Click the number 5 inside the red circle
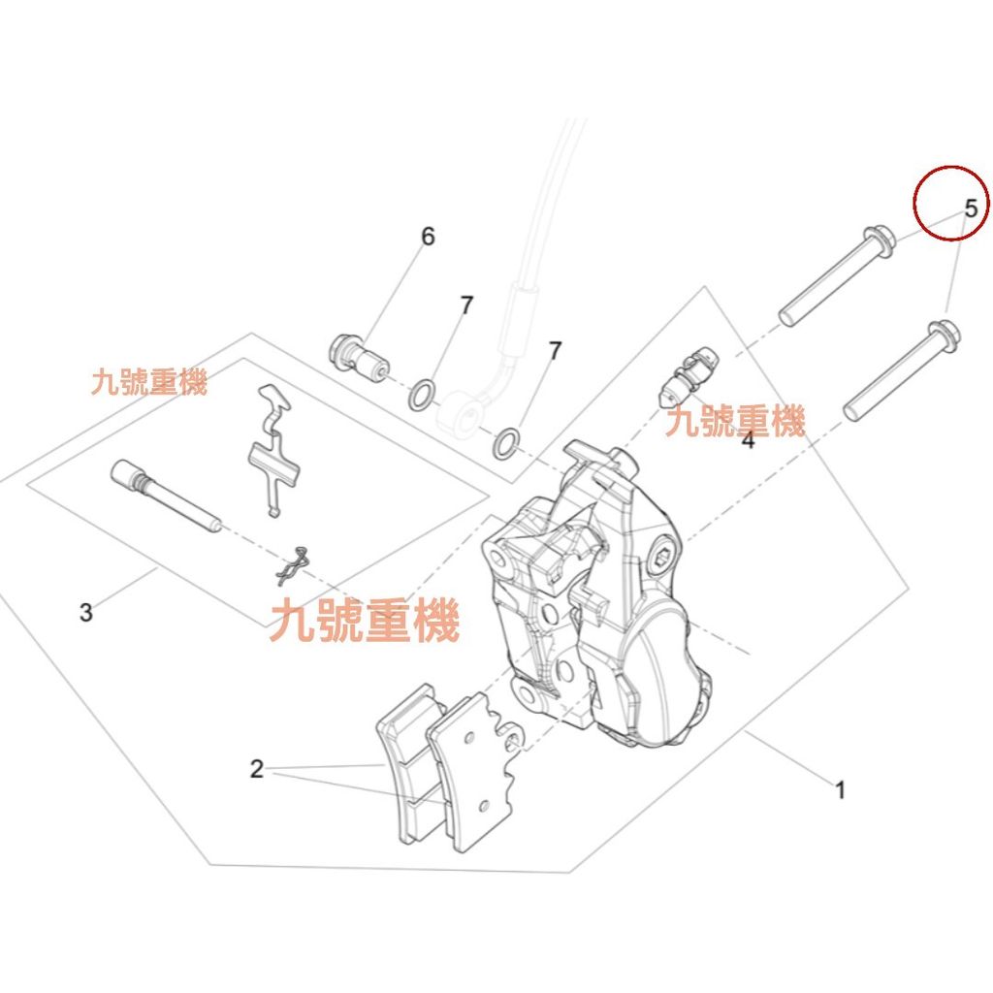[x=971, y=208]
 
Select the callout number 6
[x=428, y=237]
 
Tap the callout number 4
[x=748, y=439]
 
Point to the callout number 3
[x=86, y=613]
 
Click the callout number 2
[x=256, y=769]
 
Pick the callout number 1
[x=841, y=790]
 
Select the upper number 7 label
[x=466, y=305]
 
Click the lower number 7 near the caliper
[x=556, y=350]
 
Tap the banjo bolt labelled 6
[x=360, y=358]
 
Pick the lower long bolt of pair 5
[x=902, y=369]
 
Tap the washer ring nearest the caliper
[x=507, y=443]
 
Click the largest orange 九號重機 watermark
[x=365, y=621]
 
